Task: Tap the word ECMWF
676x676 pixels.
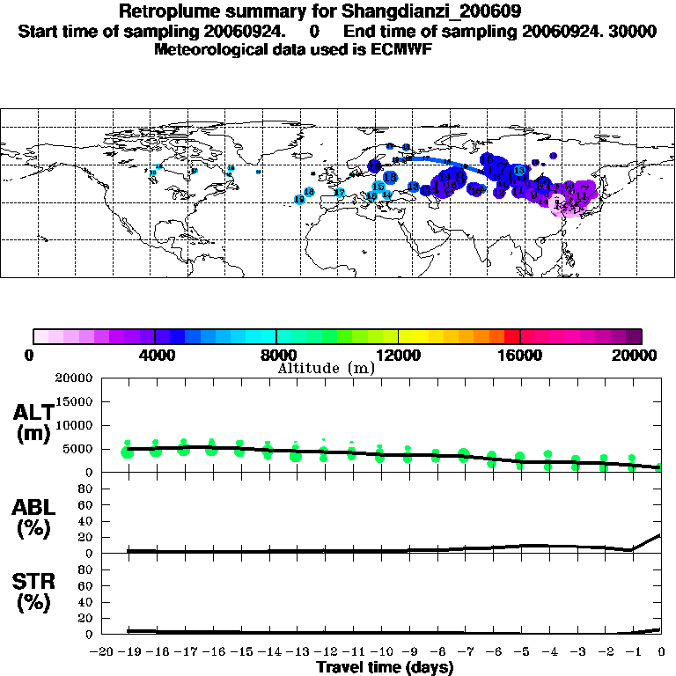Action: (403, 49)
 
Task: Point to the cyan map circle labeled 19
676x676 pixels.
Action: (299, 200)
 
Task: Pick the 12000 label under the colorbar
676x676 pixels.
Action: (399, 355)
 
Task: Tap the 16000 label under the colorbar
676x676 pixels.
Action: (520, 355)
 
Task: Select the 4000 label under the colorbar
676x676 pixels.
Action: (154, 355)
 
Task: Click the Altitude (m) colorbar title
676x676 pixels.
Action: (327, 368)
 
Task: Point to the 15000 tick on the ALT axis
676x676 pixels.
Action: (75, 401)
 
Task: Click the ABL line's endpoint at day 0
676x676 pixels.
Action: (660, 534)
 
